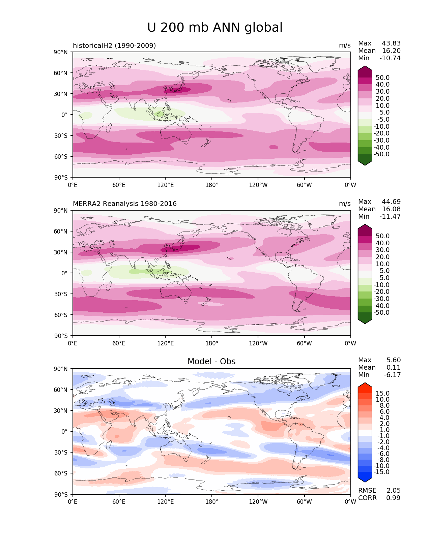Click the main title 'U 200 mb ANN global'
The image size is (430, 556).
(214, 28)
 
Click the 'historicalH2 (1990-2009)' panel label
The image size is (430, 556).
(114, 45)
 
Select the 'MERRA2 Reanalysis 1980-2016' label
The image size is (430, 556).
(125, 204)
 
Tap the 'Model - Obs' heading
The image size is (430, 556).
(211, 361)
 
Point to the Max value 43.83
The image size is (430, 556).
(391, 43)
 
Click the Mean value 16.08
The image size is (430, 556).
(391, 209)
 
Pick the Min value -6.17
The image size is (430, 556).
(392, 375)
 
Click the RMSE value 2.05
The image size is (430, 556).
(393, 491)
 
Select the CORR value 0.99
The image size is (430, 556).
(393, 498)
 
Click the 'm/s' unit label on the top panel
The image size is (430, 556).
(345, 45)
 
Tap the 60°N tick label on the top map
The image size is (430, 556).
(60, 73)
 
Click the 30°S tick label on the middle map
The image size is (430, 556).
(61, 294)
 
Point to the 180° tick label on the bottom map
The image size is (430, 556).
(212, 501)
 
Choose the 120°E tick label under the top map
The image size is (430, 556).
(165, 185)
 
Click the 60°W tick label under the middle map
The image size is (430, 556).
(304, 343)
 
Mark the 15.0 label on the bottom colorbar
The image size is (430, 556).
(383, 393)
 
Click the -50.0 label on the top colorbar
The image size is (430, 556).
(381, 154)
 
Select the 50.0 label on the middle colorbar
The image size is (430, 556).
(383, 236)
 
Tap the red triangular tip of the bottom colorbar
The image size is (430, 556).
(365, 385)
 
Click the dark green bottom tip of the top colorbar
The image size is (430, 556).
(365, 163)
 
